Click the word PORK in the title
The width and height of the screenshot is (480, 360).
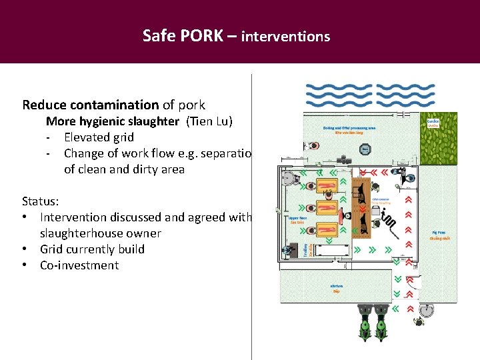point(201,35)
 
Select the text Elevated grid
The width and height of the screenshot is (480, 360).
point(99,137)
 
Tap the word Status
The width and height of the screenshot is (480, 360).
point(39,201)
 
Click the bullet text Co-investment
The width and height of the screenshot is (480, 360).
point(79,265)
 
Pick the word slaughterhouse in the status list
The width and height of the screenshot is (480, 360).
point(101,233)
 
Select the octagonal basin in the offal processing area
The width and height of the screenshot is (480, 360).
point(289,179)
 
